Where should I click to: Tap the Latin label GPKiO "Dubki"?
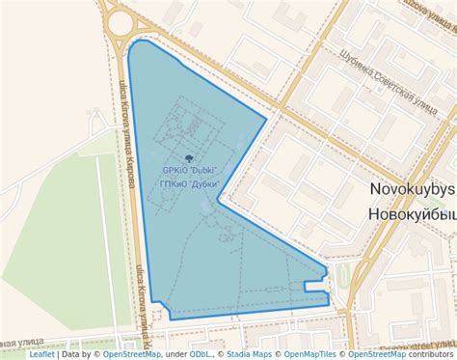tap(190, 171)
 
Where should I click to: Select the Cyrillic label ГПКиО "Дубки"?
tap(190, 183)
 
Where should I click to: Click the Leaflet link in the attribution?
tap(41, 354)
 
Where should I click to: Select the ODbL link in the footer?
tap(202, 354)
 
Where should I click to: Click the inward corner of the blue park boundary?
tap(220, 202)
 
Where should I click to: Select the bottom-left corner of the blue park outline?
tap(170, 318)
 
